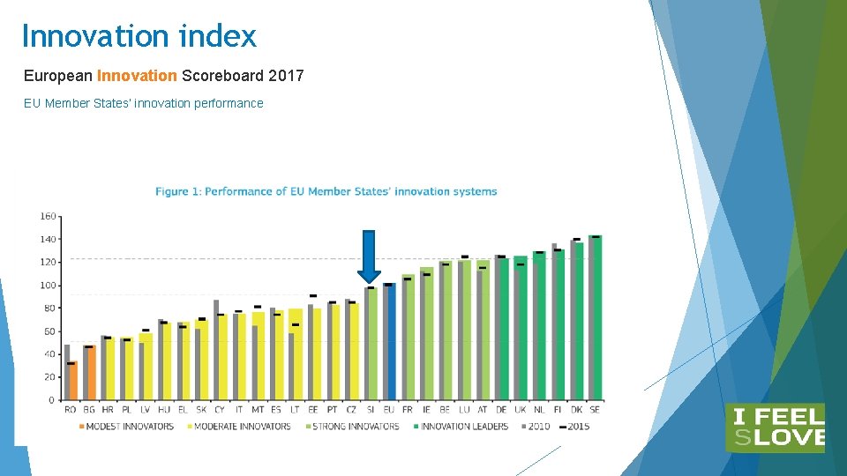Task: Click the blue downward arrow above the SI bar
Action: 369,256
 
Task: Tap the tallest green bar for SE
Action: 596,317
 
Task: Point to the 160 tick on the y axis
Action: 48,216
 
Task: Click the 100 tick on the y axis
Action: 48,286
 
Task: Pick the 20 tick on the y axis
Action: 49,377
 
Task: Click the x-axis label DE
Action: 501,410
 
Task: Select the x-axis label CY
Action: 220,410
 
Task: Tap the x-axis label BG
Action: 88,410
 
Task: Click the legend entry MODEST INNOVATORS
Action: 127,427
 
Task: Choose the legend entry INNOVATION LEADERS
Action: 464,427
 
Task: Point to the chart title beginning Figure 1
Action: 326,191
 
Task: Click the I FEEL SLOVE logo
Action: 775,428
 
